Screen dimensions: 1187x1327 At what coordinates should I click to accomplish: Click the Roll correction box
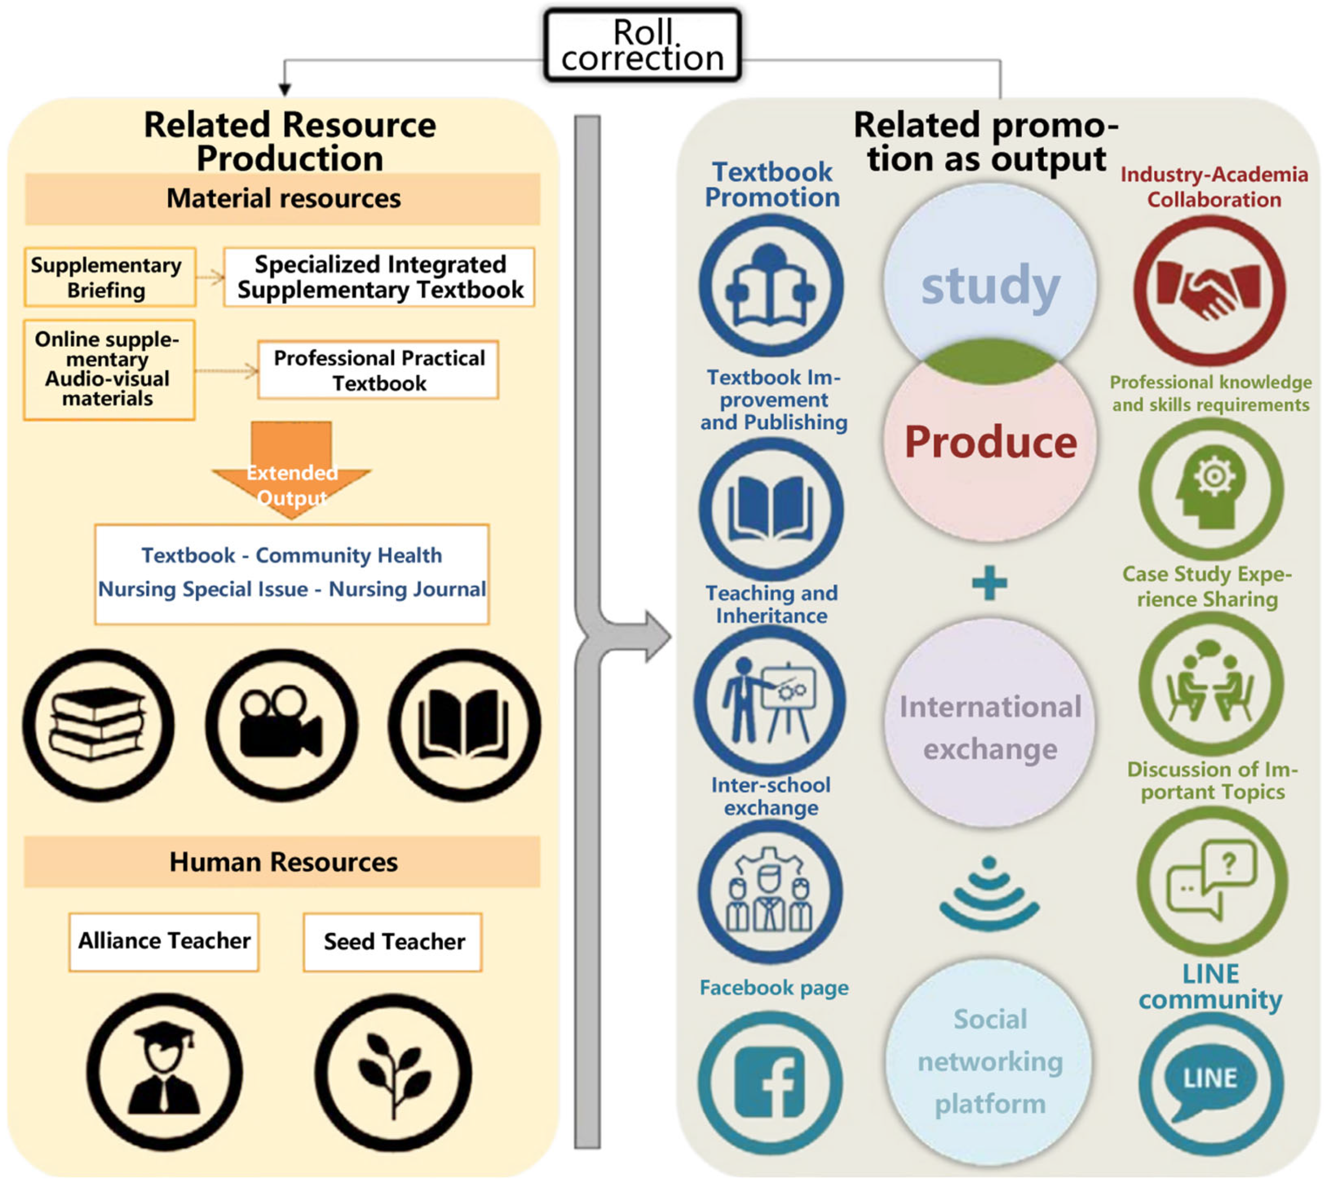coord(642,45)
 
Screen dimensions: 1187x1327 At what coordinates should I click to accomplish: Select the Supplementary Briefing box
coord(110,277)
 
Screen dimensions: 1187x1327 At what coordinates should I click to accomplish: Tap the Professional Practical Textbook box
coord(378,370)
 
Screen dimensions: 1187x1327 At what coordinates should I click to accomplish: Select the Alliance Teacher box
coord(164,941)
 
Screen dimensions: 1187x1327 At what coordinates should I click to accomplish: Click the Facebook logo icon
coord(769,1083)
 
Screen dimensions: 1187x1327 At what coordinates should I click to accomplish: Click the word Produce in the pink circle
coord(990,442)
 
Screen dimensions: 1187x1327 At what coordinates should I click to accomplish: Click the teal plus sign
coord(989,582)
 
